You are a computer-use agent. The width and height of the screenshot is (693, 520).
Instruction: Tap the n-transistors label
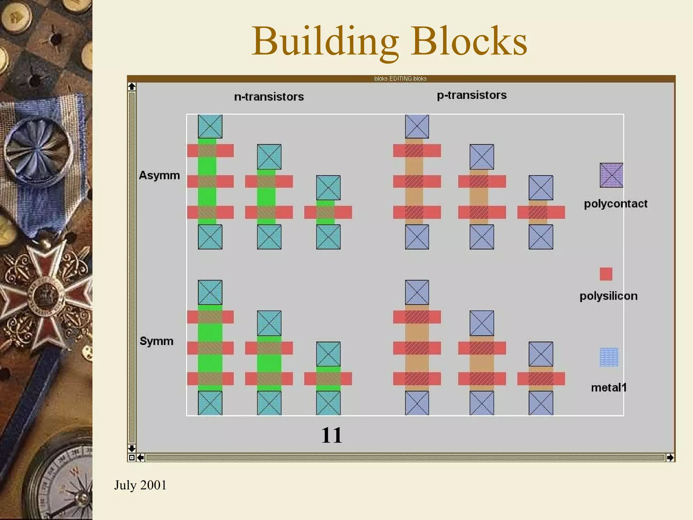tap(269, 97)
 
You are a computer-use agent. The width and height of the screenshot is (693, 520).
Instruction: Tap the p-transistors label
tap(472, 95)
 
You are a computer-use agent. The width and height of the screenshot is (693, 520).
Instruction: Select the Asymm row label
tap(159, 175)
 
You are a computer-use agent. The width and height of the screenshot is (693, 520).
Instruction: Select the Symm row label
tap(156, 341)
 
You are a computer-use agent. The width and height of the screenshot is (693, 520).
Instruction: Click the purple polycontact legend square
tap(611, 175)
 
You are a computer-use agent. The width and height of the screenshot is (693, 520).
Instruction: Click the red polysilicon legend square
tap(606, 274)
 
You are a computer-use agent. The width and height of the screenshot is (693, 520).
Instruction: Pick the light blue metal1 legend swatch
tap(609, 357)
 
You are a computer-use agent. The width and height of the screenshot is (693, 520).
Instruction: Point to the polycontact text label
tap(616, 204)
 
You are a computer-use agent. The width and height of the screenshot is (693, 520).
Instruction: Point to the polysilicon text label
tap(608, 296)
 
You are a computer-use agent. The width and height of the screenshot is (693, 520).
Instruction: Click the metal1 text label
tap(609, 387)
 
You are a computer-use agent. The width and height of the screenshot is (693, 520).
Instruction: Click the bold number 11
tap(332, 435)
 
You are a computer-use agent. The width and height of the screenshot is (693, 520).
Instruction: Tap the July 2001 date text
tap(140, 485)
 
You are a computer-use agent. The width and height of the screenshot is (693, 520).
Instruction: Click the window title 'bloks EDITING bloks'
tap(400, 79)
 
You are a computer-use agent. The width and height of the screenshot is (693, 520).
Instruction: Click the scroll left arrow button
tap(140, 458)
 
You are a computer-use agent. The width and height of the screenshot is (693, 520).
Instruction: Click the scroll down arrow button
tap(132, 449)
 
